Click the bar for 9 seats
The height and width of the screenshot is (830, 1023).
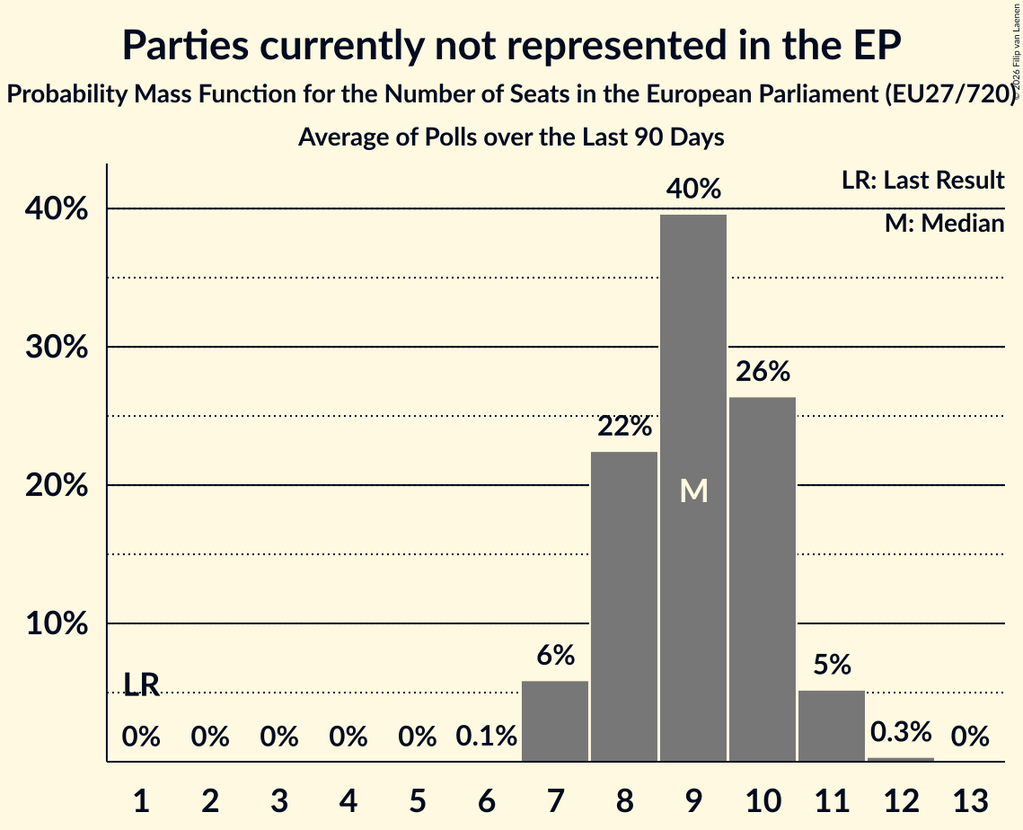[x=692, y=488]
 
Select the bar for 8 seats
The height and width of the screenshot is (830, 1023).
[x=623, y=606]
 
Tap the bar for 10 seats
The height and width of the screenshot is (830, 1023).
[x=762, y=578]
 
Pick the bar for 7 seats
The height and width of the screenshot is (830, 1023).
[x=554, y=721]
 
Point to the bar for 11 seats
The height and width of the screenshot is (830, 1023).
[x=831, y=726]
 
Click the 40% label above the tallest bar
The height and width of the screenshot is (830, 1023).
[x=693, y=189]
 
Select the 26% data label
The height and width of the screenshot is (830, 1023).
[x=763, y=371]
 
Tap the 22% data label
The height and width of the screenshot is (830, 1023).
[x=624, y=426]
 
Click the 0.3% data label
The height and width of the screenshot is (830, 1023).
[x=901, y=732]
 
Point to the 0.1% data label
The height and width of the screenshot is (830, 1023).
[x=486, y=736]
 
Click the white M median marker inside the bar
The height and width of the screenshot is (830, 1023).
[x=693, y=490]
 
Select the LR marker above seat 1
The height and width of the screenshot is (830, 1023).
[x=142, y=684]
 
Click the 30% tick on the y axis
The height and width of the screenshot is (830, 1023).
[x=57, y=347]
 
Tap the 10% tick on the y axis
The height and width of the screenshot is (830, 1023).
[x=57, y=623]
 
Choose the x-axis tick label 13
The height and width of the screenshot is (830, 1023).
[x=971, y=800]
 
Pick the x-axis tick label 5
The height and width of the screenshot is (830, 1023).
[x=418, y=800]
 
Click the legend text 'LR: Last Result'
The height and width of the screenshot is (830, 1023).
[x=922, y=180]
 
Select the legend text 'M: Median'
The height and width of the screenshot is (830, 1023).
[x=944, y=223]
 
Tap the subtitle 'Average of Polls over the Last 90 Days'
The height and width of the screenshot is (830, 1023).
[x=511, y=137]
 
